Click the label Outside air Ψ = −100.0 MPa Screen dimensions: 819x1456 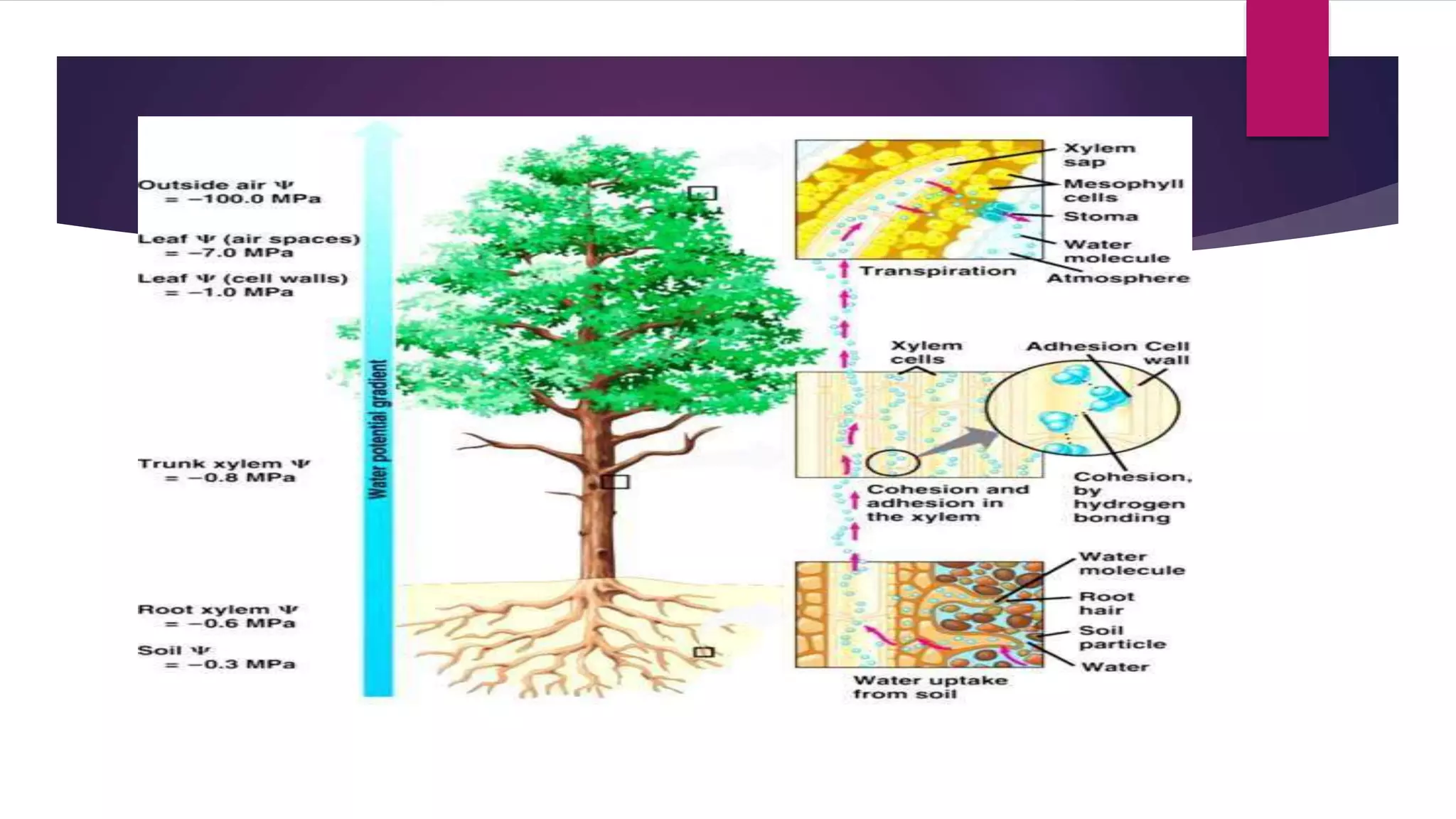(x=229, y=192)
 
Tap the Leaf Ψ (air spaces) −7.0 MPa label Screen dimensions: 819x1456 (x=249, y=246)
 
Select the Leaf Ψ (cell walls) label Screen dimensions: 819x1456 (x=242, y=285)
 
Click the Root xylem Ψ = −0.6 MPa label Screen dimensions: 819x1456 (x=218, y=616)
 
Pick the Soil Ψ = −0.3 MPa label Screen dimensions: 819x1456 (x=216, y=658)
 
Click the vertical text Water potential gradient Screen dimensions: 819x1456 (x=379, y=429)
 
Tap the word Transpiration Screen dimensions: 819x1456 (x=938, y=271)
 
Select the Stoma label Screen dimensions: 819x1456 (x=1101, y=216)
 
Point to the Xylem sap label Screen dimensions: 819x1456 (x=1099, y=155)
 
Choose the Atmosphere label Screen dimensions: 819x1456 (x=1118, y=278)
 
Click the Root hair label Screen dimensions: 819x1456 (x=1106, y=604)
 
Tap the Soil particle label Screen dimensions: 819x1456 (x=1122, y=637)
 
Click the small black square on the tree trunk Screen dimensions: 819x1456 (x=615, y=482)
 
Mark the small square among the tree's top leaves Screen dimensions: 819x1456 (x=702, y=193)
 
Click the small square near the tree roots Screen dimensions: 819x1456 (x=703, y=652)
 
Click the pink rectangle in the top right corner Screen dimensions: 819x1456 (x=1287, y=68)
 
